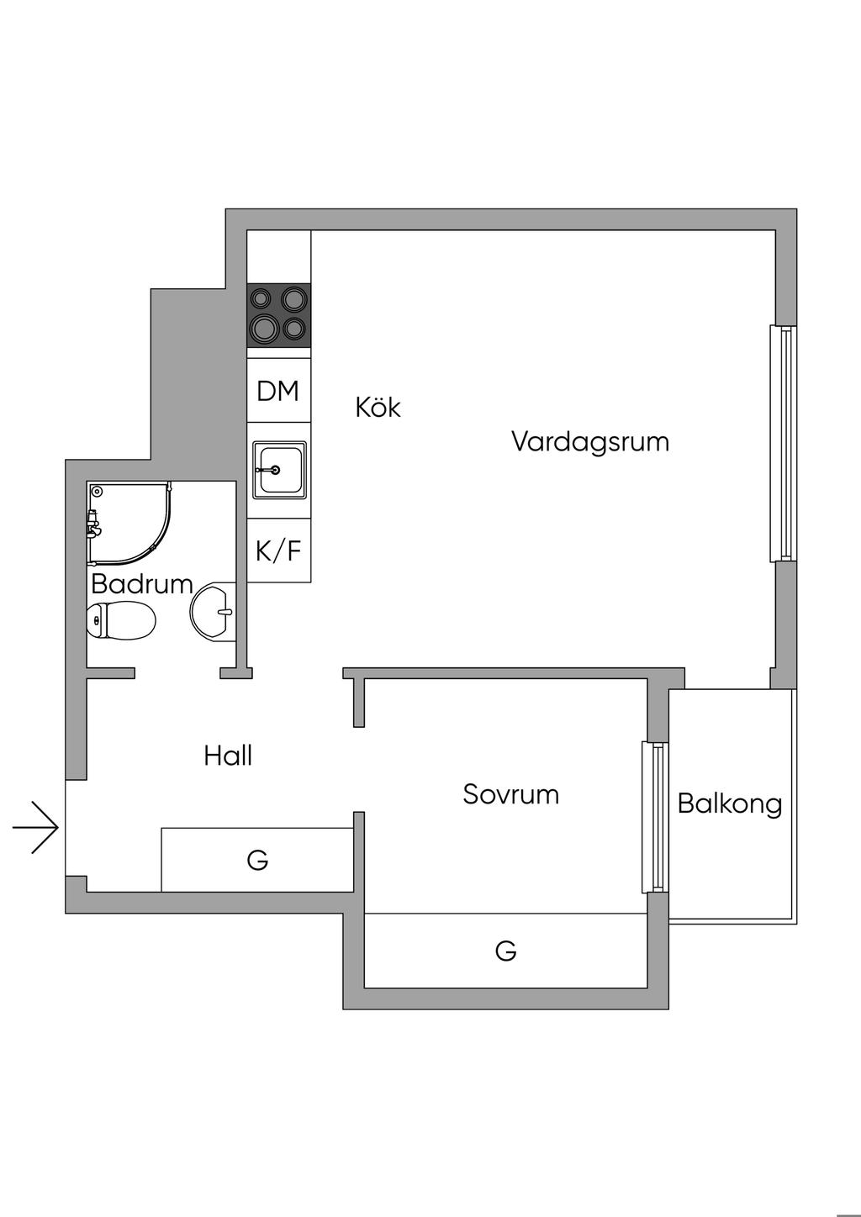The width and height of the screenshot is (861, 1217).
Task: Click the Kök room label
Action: coord(378,408)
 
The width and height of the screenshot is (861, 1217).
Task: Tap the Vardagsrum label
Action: coord(589,441)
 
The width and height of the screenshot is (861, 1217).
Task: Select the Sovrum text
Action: coord(510,794)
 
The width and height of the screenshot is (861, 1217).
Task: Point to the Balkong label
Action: coord(729,804)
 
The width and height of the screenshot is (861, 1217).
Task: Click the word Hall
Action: coord(228,756)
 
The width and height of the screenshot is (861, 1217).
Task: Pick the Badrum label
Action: coord(141,583)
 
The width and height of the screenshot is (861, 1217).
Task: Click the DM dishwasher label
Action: coord(278,391)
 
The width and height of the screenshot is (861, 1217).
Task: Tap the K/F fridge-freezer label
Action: coord(278,551)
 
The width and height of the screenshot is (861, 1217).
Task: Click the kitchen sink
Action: coord(279,470)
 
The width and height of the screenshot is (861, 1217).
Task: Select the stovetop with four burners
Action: coord(279,314)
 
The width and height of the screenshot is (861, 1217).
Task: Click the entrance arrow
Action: coord(35,828)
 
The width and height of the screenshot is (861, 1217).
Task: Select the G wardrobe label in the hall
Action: coord(257,860)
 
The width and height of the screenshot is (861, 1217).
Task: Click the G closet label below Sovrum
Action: coord(505,951)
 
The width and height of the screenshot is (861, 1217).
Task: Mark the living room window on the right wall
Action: coord(782,443)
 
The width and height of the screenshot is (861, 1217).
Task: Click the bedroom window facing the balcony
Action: coord(655,817)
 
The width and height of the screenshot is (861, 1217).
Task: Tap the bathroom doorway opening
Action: coord(177,672)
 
